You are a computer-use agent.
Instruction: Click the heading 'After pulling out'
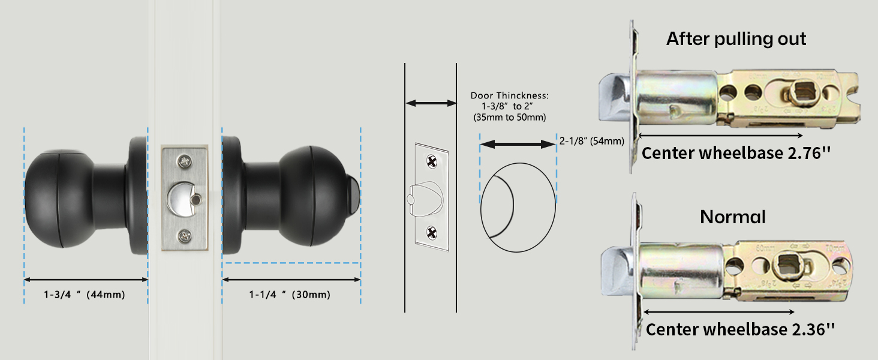tap(736, 39)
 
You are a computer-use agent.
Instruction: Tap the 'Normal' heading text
tap(733, 217)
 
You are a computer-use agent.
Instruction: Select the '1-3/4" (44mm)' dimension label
tap(85, 295)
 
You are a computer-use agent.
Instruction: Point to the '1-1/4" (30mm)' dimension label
tap(290, 295)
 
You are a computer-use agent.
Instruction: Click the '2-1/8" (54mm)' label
tap(591, 141)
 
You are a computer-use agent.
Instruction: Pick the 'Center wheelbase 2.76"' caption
tap(736, 153)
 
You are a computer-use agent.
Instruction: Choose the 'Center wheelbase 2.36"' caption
tap(740, 329)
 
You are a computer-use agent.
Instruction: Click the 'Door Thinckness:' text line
tap(510, 95)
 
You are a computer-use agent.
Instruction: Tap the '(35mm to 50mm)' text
tap(510, 117)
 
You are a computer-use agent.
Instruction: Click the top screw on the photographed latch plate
tap(184, 160)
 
